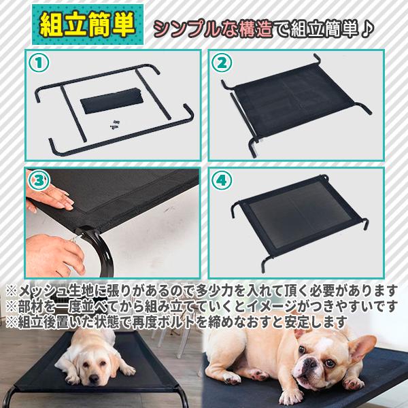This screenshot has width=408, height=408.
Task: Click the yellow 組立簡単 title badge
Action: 88,25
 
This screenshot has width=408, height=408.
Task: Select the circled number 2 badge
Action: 220,63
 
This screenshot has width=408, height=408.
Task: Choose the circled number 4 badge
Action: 220,180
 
